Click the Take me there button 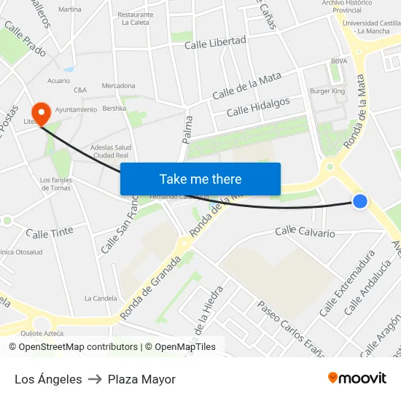click(200, 179)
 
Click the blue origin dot click(360, 201)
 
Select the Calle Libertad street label click(215, 43)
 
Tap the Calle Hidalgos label click(258, 107)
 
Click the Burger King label click(327, 91)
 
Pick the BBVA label click(338, 61)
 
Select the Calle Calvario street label click(305, 233)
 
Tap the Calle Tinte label click(50, 233)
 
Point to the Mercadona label click(118, 85)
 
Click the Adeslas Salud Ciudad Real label click(111, 151)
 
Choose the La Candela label click(101, 298)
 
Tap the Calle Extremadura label click(347, 284)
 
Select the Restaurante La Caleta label click(136, 18)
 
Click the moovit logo click(357, 378)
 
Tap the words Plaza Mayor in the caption click(141, 379)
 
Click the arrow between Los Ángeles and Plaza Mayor click(95, 379)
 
